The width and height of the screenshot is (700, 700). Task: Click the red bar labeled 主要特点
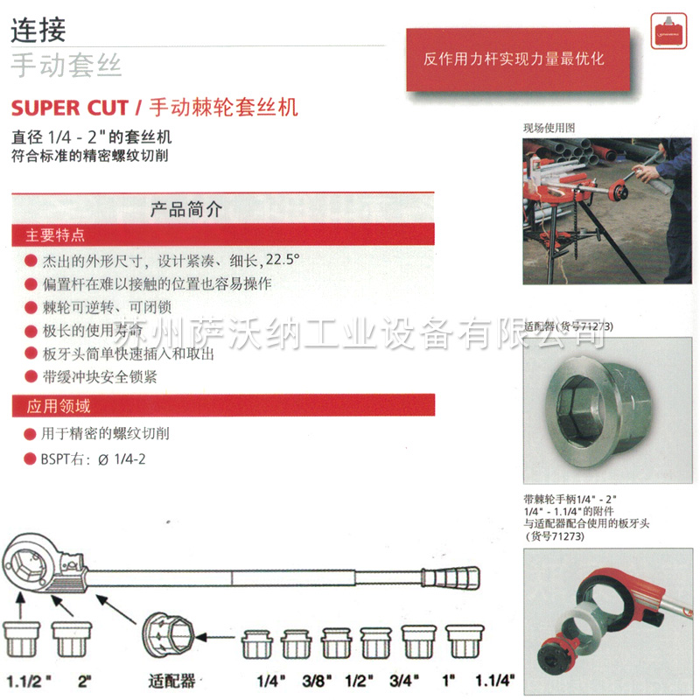(222, 234)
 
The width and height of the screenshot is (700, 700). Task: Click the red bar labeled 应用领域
(222, 406)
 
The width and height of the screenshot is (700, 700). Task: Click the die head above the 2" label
(72, 638)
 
